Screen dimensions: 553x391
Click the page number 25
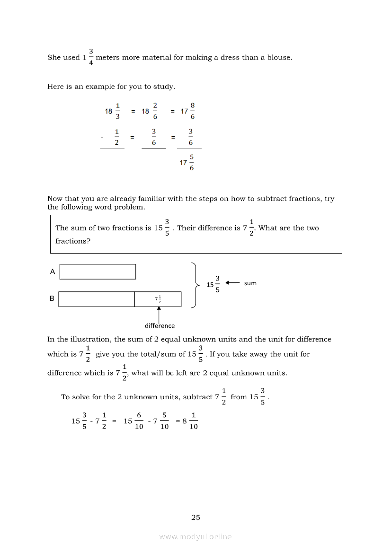click(195, 518)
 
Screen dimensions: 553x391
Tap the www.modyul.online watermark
click(195, 536)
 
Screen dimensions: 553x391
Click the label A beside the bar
click(53, 272)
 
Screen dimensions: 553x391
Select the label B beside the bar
click(52, 298)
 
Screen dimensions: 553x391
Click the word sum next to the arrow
click(250, 283)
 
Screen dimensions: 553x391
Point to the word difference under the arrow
click(160, 325)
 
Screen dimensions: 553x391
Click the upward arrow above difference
click(159, 314)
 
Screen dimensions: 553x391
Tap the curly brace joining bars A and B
click(195, 285)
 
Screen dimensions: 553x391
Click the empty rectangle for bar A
click(98, 272)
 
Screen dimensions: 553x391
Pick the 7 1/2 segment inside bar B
click(158, 299)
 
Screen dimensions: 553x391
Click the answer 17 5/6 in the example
click(187, 162)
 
